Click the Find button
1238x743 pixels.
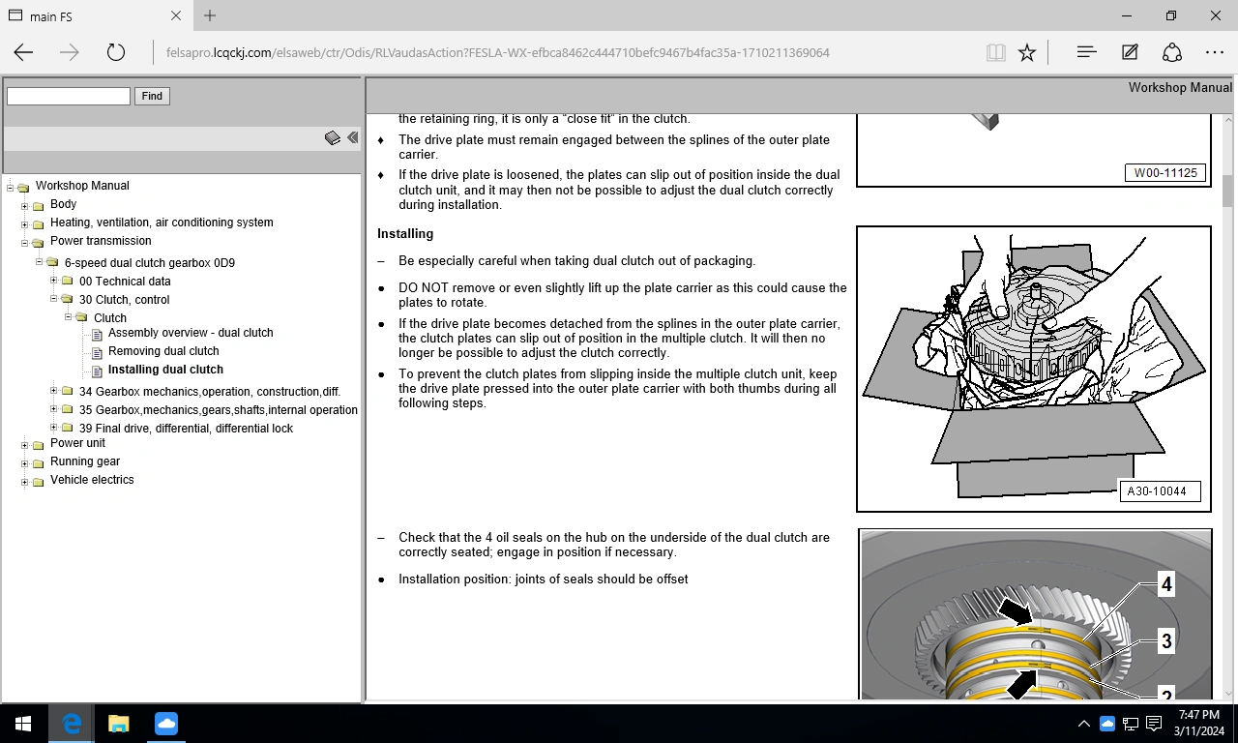(x=152, y=96)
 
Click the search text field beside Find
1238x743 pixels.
(x=69, y=96)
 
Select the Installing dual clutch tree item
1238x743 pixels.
(x=165, y=370)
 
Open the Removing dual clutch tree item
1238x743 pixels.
(x=163, y=351)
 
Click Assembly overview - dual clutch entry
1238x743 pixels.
(x=191, y=333)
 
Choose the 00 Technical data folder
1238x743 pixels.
(x=125, y=282)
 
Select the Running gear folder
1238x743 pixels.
(x=85, y=461)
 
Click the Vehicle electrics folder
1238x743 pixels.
(x=92, y=480)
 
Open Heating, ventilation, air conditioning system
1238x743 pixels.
(x=162, y=223)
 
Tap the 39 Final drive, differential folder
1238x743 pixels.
(x=186, y=429)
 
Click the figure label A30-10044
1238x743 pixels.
(x=1157, y=491)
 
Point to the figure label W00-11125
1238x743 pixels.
(x=1165, y=173)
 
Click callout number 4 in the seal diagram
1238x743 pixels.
(x=1166, y=584)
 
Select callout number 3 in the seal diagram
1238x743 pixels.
(x=1166, y=641)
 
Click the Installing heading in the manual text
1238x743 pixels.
(x=405, y=234)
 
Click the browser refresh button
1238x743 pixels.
(x=116, y=53)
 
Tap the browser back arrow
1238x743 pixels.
(x=24, y=53)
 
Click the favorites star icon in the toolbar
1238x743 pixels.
(x=1027, y=53)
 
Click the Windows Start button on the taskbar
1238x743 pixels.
(x=22, y=724)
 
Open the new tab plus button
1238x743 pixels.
(x=210, y=15)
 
